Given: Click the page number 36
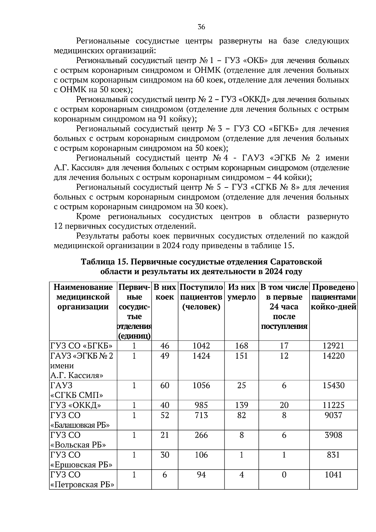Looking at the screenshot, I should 201,27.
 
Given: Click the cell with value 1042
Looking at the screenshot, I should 201,346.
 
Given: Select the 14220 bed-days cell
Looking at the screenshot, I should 333,356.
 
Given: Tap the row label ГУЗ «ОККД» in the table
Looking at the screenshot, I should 76,405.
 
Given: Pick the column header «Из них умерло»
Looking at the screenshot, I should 241,292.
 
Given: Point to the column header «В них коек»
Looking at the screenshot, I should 164,292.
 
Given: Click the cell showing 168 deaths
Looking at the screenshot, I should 241,346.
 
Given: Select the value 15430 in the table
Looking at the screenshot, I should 333,385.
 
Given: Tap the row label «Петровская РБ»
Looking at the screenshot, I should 82,484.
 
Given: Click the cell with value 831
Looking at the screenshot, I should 333,455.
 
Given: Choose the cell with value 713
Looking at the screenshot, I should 201,415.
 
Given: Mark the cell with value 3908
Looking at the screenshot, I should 333,435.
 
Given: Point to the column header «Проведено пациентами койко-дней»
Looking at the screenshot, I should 333,297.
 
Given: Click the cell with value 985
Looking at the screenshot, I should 201,405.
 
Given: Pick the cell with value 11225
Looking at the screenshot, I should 333,405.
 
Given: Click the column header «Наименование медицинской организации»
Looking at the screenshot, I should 83,297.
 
